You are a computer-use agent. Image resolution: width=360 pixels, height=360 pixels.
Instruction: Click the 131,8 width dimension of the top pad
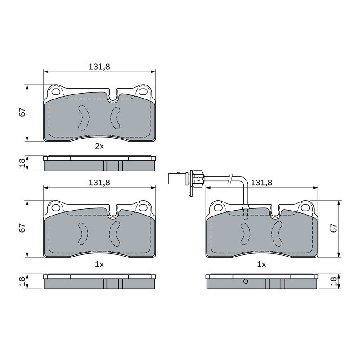(99, 67)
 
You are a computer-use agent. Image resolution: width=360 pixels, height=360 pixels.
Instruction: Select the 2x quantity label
(99, 146)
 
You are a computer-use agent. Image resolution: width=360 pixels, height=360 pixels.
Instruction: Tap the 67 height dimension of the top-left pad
(22, 112)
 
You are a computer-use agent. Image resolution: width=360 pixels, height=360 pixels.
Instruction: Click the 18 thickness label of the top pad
(22, 163)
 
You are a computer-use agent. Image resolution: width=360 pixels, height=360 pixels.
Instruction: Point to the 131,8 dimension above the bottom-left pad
(99, 183)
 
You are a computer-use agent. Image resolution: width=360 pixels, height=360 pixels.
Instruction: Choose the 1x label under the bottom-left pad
(99, 265)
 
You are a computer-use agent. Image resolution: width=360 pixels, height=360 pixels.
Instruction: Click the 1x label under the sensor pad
(261, 265)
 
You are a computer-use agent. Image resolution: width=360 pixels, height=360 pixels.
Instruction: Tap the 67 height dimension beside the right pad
(333, 228)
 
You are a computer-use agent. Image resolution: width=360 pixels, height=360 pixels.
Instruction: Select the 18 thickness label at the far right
(333, 281)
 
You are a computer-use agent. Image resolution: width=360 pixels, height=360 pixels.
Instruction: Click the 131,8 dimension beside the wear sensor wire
(261, 183)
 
